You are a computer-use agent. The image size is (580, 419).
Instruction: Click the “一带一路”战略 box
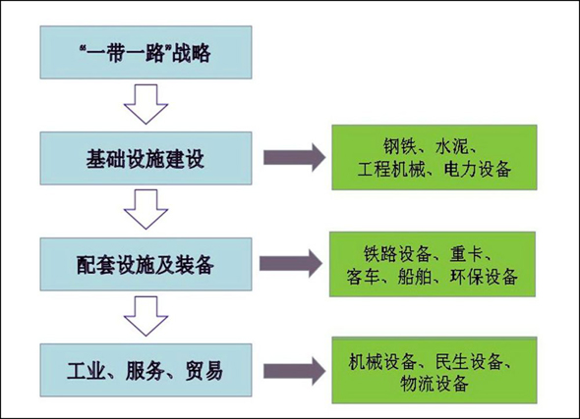click(145, 52)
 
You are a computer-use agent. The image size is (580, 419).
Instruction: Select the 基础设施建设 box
click(145, 158)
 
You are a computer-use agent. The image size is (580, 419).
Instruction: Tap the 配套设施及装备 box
click(145, 264)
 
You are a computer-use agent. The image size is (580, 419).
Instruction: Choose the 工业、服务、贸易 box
click(145, 370)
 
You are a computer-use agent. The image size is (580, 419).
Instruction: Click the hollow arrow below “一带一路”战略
click(145, 104)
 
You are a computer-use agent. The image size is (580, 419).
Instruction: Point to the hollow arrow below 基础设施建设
click(145, 209)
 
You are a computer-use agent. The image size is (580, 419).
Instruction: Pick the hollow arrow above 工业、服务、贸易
click(145, 316)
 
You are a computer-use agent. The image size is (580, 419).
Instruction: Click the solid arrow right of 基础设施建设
click(295, 158)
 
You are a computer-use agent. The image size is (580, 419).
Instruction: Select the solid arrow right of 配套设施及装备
click(291, 264)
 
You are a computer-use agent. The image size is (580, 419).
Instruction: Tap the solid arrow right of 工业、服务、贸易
click(295, 371)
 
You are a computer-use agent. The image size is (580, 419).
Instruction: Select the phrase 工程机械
click(391, 169)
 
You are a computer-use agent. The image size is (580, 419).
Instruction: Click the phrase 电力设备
click(478, 169)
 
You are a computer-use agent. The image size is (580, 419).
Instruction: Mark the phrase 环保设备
click(484, 277)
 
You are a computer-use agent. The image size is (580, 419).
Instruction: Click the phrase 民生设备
click(469, 361)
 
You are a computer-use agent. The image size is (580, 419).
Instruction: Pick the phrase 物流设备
click(435, 384)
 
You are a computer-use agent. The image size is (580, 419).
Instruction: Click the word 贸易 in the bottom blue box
click(204, 371)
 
